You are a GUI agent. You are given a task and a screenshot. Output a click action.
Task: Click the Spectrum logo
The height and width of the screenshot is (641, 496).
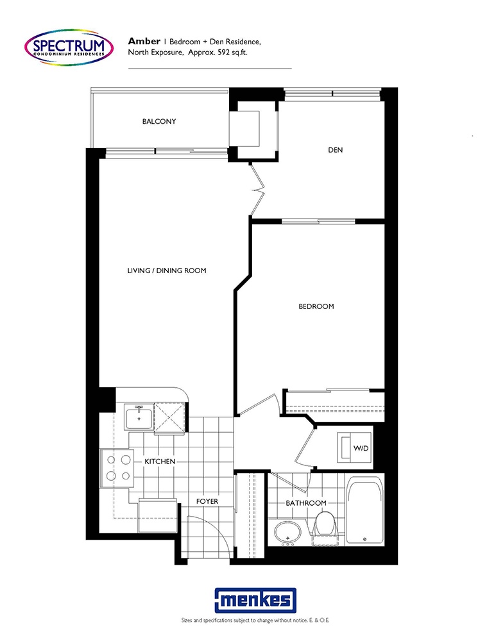pyautogui.click(x=69, y=47)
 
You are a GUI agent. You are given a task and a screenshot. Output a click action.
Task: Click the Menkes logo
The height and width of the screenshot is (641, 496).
pyautogui.click(x=255, y=601)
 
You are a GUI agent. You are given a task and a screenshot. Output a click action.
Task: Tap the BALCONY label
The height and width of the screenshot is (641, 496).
pyautogui.click(x=159, y=121)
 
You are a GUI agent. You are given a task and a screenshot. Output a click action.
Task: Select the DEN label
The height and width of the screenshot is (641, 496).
pyautogui.click(x=335, y=150)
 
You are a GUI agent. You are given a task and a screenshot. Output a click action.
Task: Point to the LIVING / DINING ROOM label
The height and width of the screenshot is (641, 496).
pyautogui.click(x=167, y=271)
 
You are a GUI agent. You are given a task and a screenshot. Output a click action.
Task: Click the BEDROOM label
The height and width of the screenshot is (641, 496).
pyautogui.click(x=316, y=306)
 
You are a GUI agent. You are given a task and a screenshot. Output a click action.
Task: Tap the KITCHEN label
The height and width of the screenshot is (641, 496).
pyautogui.click(x=160, y=461)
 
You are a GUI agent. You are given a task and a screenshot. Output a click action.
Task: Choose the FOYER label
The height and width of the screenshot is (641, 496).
pyautogui.click(x=207, y=501)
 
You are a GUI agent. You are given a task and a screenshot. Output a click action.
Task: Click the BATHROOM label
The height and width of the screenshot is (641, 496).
pyautogui.click(x=306, y=503)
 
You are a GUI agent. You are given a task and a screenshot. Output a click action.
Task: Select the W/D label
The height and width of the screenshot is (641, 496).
pyautogui.click(x=361, y=448)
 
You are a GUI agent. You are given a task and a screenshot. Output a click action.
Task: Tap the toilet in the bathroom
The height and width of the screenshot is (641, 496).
pyautogui.click(x=324, y=528)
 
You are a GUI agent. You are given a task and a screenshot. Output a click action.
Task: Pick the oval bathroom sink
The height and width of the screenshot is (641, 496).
pyautogui.click(x=287, y=533)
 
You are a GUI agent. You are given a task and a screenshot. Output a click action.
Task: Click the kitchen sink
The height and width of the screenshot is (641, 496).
pyautogui.click(x=139, y=417)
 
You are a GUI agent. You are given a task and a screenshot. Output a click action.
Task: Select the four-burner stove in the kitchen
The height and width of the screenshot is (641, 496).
pyautogui.click(x=117, y=468)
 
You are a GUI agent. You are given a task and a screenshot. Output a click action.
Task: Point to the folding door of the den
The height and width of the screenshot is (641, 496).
pyautogui.click(x=257, y=190)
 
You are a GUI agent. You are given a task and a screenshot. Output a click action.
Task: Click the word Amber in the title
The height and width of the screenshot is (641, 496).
pyautogui.click(x=144, y=41)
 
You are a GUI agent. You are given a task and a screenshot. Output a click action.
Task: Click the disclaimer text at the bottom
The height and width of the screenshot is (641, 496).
pyautogui.click(x=255, y=620)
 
